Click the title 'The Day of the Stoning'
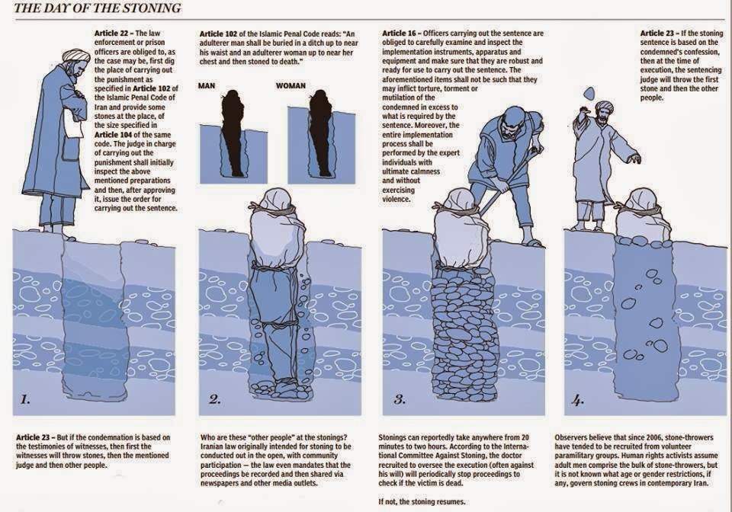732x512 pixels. [98, 8]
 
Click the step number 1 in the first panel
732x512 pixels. [25, 398]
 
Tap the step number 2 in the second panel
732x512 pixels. [214, 398]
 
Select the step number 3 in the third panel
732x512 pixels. [399, 398]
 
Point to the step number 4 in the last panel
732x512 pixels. [577, 400]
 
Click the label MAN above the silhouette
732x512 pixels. [207, 85]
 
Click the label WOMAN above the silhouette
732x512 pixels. [291, 85]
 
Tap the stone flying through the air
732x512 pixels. [590, 92]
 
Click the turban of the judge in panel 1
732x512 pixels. [75, 57]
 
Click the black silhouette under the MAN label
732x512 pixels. [233, 133]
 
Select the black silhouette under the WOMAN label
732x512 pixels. [321, 133]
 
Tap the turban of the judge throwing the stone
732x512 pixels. [604, 107]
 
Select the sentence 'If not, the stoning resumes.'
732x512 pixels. [422, 502]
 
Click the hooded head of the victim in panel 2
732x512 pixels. [277, 200]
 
